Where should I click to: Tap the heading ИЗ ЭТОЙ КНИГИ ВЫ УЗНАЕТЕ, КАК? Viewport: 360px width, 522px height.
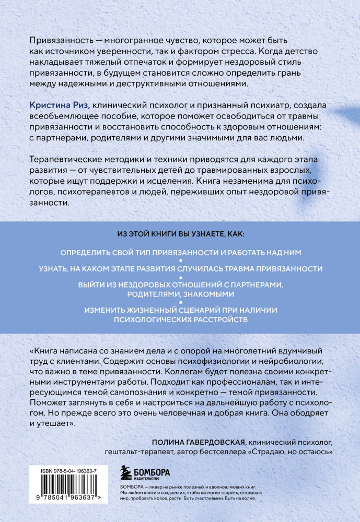[180, 234]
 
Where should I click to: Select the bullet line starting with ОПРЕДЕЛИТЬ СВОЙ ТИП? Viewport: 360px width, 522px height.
[180, 252]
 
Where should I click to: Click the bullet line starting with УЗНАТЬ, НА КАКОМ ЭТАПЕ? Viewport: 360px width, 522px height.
[180, 269]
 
